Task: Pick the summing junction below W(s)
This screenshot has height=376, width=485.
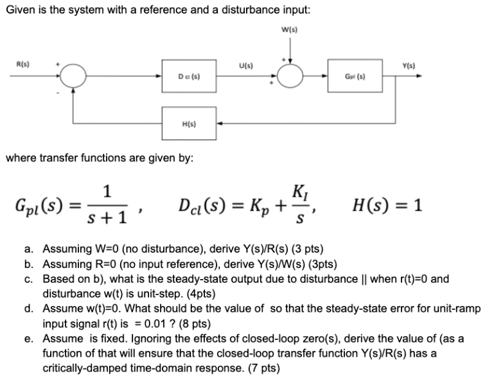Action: click(x=293, y=77)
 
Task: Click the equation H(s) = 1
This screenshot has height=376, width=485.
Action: click(x=388, y=206)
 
